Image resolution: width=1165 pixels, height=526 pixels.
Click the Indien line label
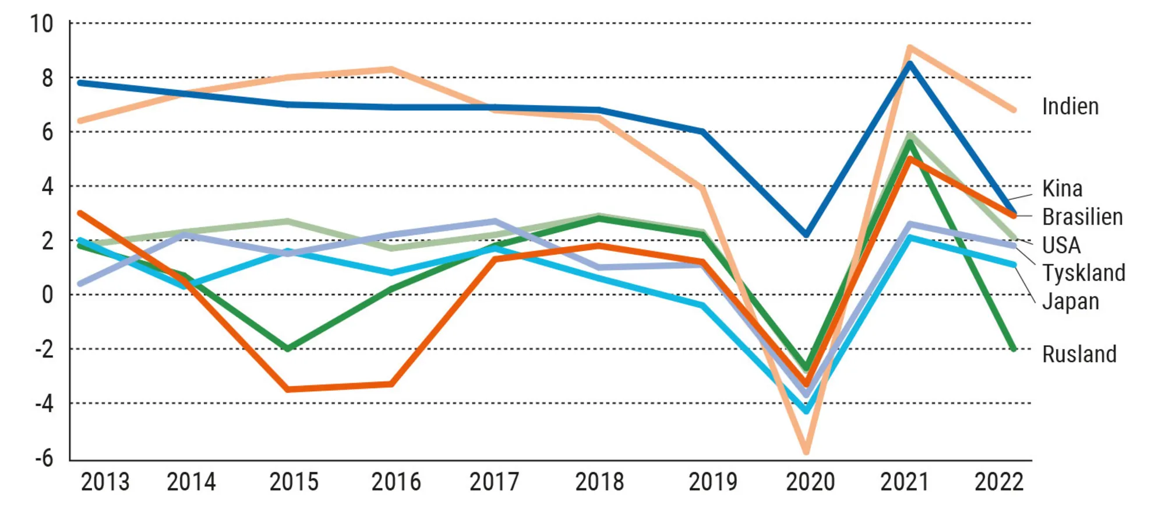point(1070,107)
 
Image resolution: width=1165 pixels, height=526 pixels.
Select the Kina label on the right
point(1062,189)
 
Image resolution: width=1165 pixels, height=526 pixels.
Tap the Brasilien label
point(1082,217)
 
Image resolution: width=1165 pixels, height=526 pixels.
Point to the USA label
point(1061,246)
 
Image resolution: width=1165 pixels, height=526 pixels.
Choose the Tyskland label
point(1083,273)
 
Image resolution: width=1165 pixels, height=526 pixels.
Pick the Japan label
point(1070,301)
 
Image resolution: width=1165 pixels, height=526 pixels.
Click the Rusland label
point(1079,355)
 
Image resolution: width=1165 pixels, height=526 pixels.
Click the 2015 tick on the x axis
point(294,482)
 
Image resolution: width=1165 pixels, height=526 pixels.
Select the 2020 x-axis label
point(810,482)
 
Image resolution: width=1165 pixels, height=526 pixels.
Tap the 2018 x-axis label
point(599,482)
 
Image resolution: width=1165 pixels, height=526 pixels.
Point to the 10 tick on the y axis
point(41,24)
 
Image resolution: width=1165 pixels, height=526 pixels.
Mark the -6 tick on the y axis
point(44,458)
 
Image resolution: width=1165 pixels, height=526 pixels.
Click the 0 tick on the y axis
point(47,294)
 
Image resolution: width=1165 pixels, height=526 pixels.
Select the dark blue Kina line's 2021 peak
point(910,63)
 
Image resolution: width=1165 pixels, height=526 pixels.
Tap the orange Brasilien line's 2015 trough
point(288,389)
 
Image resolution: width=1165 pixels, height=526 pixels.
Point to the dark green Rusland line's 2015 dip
point(288,349)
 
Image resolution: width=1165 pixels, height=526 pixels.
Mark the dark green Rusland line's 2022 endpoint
point(1014,349)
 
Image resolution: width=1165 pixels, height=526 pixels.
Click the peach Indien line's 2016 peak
point(391,69)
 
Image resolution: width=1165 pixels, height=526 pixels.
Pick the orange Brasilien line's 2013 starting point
point(80,213)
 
